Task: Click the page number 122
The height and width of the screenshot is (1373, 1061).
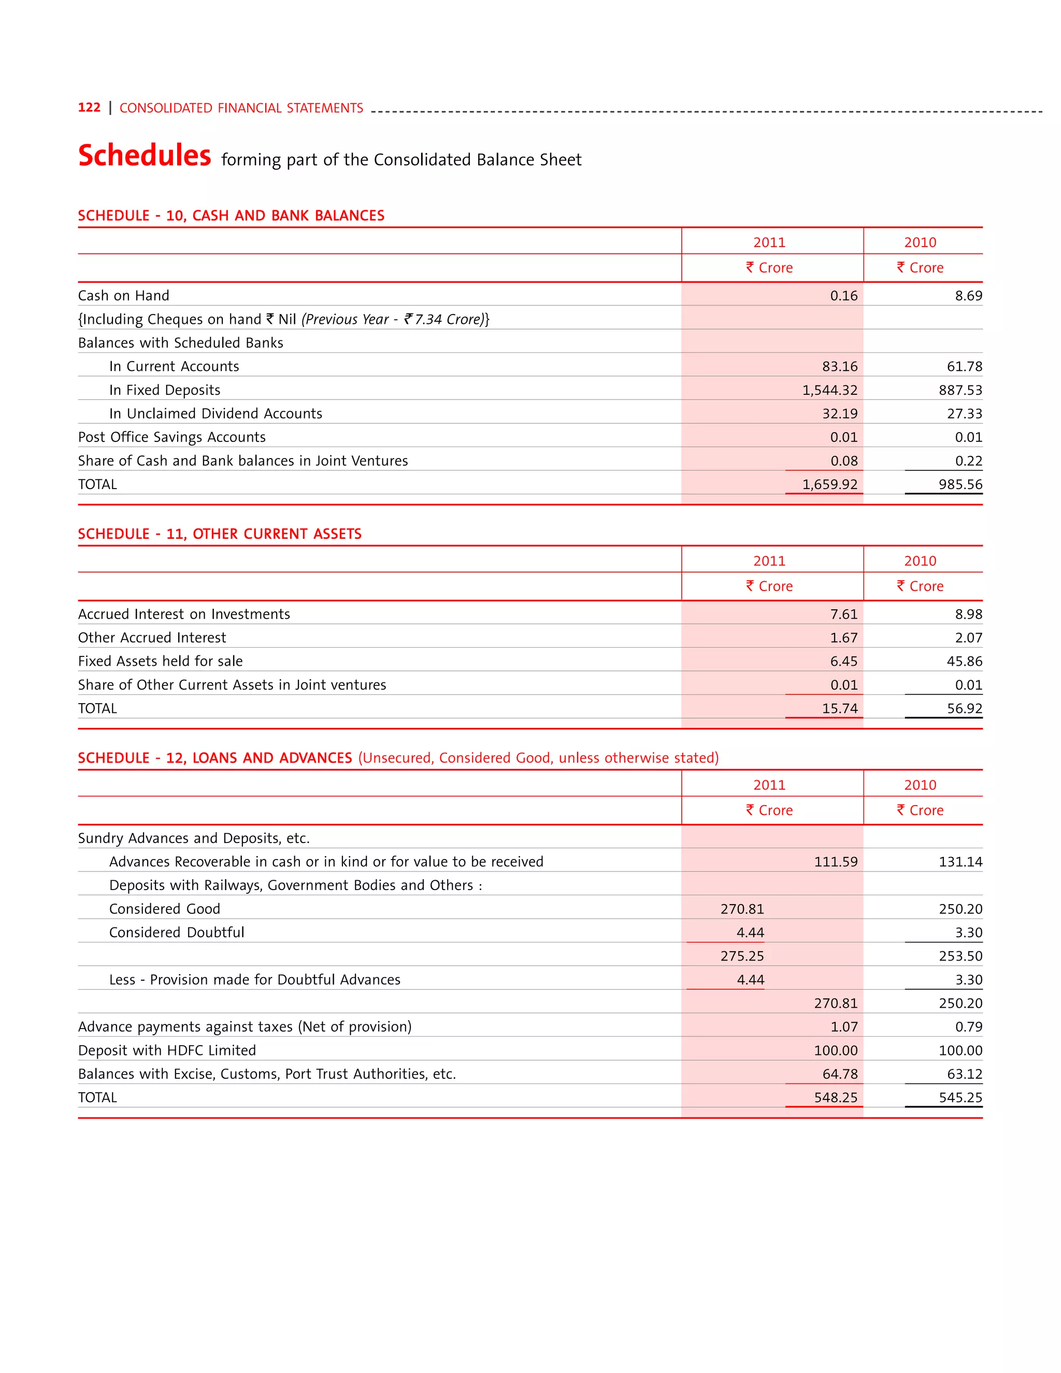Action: tap(89, 107)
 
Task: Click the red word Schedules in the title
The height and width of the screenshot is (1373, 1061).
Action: tap(145, 155)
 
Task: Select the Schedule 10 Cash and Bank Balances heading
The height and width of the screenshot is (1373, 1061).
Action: tap(231, 216)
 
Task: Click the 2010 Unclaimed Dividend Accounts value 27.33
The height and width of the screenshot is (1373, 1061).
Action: tap(964, 413)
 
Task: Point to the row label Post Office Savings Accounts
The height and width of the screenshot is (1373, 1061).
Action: tap(171, 437)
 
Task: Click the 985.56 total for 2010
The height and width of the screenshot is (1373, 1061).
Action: tap(960, 484)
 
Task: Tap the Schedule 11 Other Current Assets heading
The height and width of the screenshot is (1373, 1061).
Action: tap(219, 534)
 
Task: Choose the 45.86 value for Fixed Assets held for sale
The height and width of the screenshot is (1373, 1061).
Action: tap(964, 661)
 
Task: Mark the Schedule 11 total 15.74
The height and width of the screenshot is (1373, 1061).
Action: tap(839, 708)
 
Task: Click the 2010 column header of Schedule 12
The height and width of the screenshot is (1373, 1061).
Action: tap(920, 784)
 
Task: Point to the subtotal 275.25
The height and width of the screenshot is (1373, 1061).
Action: tap(742, 956)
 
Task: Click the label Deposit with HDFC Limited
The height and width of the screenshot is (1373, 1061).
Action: tap(167, 1051)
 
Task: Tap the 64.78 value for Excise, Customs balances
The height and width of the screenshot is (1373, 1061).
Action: tap(839, 1074)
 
